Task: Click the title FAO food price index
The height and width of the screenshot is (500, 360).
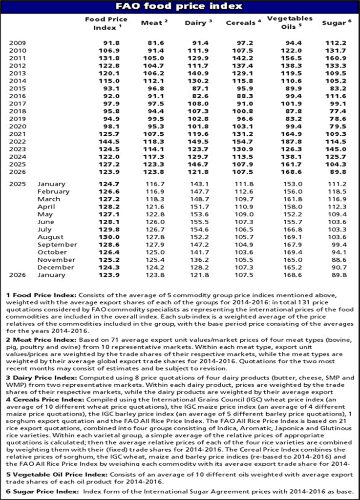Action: [x=179, y=6]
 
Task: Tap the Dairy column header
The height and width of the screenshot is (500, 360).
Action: [x=198, y=22]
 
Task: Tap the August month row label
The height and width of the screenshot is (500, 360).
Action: [x=51, y=237]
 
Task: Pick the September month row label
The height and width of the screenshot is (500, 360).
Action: [x=57, y=244]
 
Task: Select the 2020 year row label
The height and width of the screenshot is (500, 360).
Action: [x=18, y=126]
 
